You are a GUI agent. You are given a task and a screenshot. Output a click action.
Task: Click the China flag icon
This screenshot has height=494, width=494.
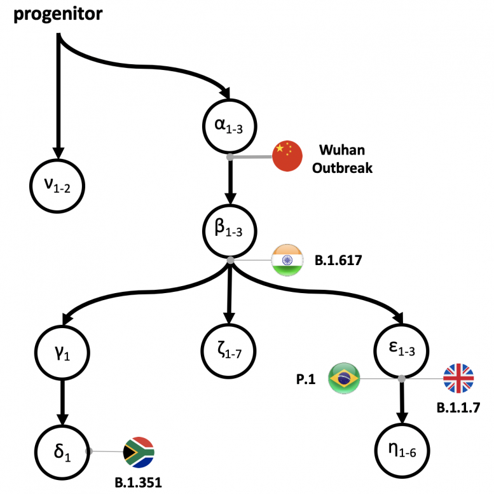pyautogui.click(x=287, y=156)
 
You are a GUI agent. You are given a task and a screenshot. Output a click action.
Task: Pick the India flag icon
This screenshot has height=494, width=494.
pyautogui.click(x=287, y=259)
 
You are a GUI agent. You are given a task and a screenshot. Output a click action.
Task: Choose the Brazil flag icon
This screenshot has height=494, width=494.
pyautogui.click(x=344, y=379)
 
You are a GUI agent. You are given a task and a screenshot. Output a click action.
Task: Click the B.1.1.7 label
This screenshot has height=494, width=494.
pyautogui.click(x=458, y=408)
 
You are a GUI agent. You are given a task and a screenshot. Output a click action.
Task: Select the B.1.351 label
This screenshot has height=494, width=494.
pyautogui.click(x=138, y=481)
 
